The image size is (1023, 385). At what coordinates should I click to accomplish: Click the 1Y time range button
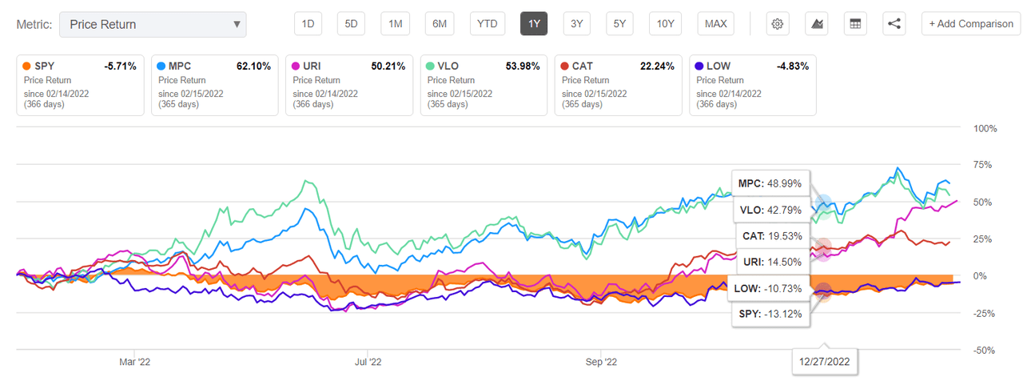point(534,24)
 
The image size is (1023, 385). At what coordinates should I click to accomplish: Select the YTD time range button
point(487,24)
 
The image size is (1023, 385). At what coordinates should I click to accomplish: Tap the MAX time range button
point(715,24)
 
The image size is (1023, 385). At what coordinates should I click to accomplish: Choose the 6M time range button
point(440,24)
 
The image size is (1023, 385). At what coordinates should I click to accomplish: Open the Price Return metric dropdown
point(153,24)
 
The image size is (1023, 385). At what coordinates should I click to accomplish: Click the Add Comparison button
point(970,24)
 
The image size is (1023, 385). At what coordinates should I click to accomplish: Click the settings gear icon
point(777,24)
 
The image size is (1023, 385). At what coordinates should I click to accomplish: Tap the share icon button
point(894,24)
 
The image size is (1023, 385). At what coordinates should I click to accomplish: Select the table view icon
point(855,24)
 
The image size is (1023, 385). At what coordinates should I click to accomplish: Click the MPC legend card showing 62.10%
point(214,84)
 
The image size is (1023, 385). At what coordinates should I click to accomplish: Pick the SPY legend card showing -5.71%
point(79,84)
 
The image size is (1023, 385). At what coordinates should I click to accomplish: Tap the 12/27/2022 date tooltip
point(825,361)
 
